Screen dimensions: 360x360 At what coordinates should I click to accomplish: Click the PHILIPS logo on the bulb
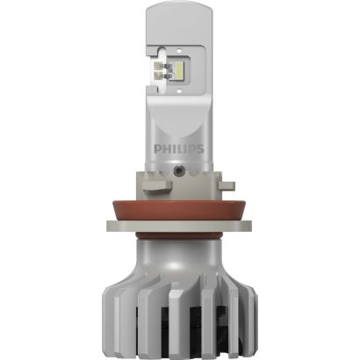179,149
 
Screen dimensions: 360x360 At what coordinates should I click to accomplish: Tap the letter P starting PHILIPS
157,149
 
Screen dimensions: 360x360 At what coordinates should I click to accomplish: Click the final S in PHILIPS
199,149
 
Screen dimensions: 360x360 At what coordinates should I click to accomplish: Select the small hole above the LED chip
178,49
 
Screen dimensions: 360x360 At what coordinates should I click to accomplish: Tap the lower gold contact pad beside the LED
160,75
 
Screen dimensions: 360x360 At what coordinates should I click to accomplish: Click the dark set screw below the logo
177,170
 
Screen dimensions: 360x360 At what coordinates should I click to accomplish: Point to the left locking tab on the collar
157,186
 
